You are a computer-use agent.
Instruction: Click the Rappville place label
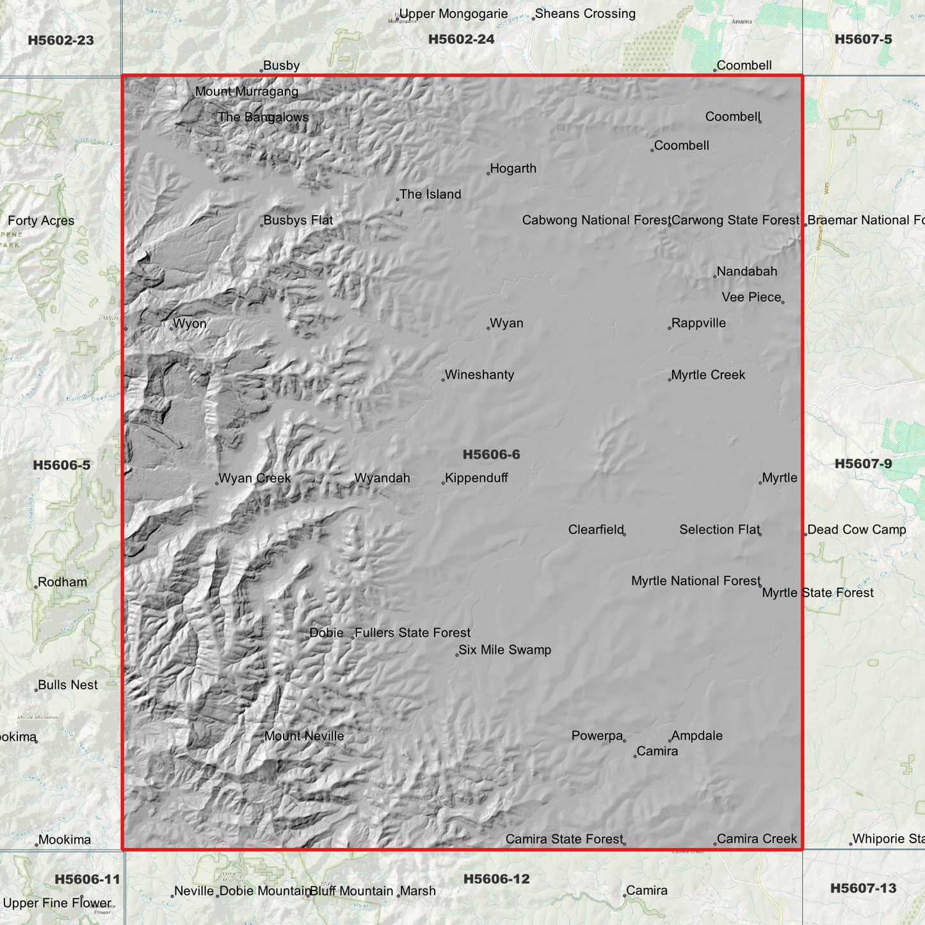pos(698,323)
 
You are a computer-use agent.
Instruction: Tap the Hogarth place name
pos(513,168)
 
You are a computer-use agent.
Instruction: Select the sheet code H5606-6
pos(491,454)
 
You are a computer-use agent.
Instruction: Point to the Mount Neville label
pos(304,736)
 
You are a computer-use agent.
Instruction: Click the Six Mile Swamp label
pos(504,650)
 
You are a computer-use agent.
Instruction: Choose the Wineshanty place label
pos(479,375)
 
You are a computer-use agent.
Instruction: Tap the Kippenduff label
pos(476,478)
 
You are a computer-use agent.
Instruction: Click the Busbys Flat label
pos(298,220)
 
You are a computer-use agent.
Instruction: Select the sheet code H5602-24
pos(461,39)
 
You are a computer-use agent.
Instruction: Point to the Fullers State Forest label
pos(412,633)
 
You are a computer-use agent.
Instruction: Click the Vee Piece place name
pos(751,297)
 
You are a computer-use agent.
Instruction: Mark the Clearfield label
pos(595,529)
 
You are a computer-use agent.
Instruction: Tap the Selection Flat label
pos(719,529)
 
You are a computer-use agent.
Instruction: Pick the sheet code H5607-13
pos(863,888)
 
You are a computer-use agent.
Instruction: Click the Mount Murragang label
pos(246,92)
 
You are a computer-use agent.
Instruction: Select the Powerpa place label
pos(597,736)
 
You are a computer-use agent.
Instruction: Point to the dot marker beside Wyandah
pos(352,483)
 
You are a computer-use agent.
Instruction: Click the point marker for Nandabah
pos(714,277)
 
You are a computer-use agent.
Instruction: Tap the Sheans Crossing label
pos(585,13)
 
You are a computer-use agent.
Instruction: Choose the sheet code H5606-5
pos(61,465)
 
